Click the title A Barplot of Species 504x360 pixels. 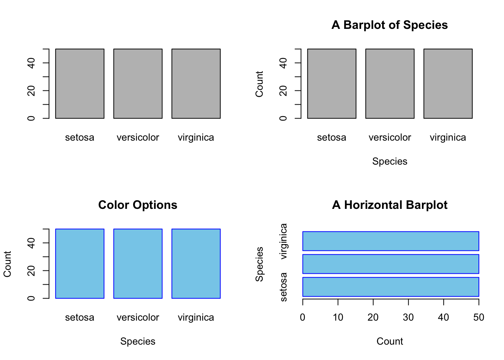pos(390,25)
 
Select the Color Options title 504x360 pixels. pos(138,205)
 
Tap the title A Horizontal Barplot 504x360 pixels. pos(390,205)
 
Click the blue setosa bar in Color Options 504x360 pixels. pos(79,264)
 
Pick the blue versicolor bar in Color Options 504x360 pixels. pos(138,264)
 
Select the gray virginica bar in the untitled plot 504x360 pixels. pos(196,84)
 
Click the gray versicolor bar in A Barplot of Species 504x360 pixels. pos(390,84)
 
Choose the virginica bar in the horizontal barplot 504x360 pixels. pos(390,241)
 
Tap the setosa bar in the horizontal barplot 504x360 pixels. pos(390,287)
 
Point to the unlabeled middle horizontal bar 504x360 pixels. pos(390,264)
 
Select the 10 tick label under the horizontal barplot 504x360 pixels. pos(338,318)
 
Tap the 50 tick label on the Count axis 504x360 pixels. pos(478,318)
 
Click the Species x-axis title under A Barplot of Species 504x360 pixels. pos(390,162)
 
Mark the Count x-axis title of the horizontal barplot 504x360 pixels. pos(390,342)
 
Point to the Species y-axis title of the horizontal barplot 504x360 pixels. pos(259,264)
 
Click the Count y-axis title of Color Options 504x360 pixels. pos(7,264)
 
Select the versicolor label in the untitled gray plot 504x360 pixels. pos(138,138)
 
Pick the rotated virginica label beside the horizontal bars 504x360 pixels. pos(284,241)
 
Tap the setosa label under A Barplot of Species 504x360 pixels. pos(331,138)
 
